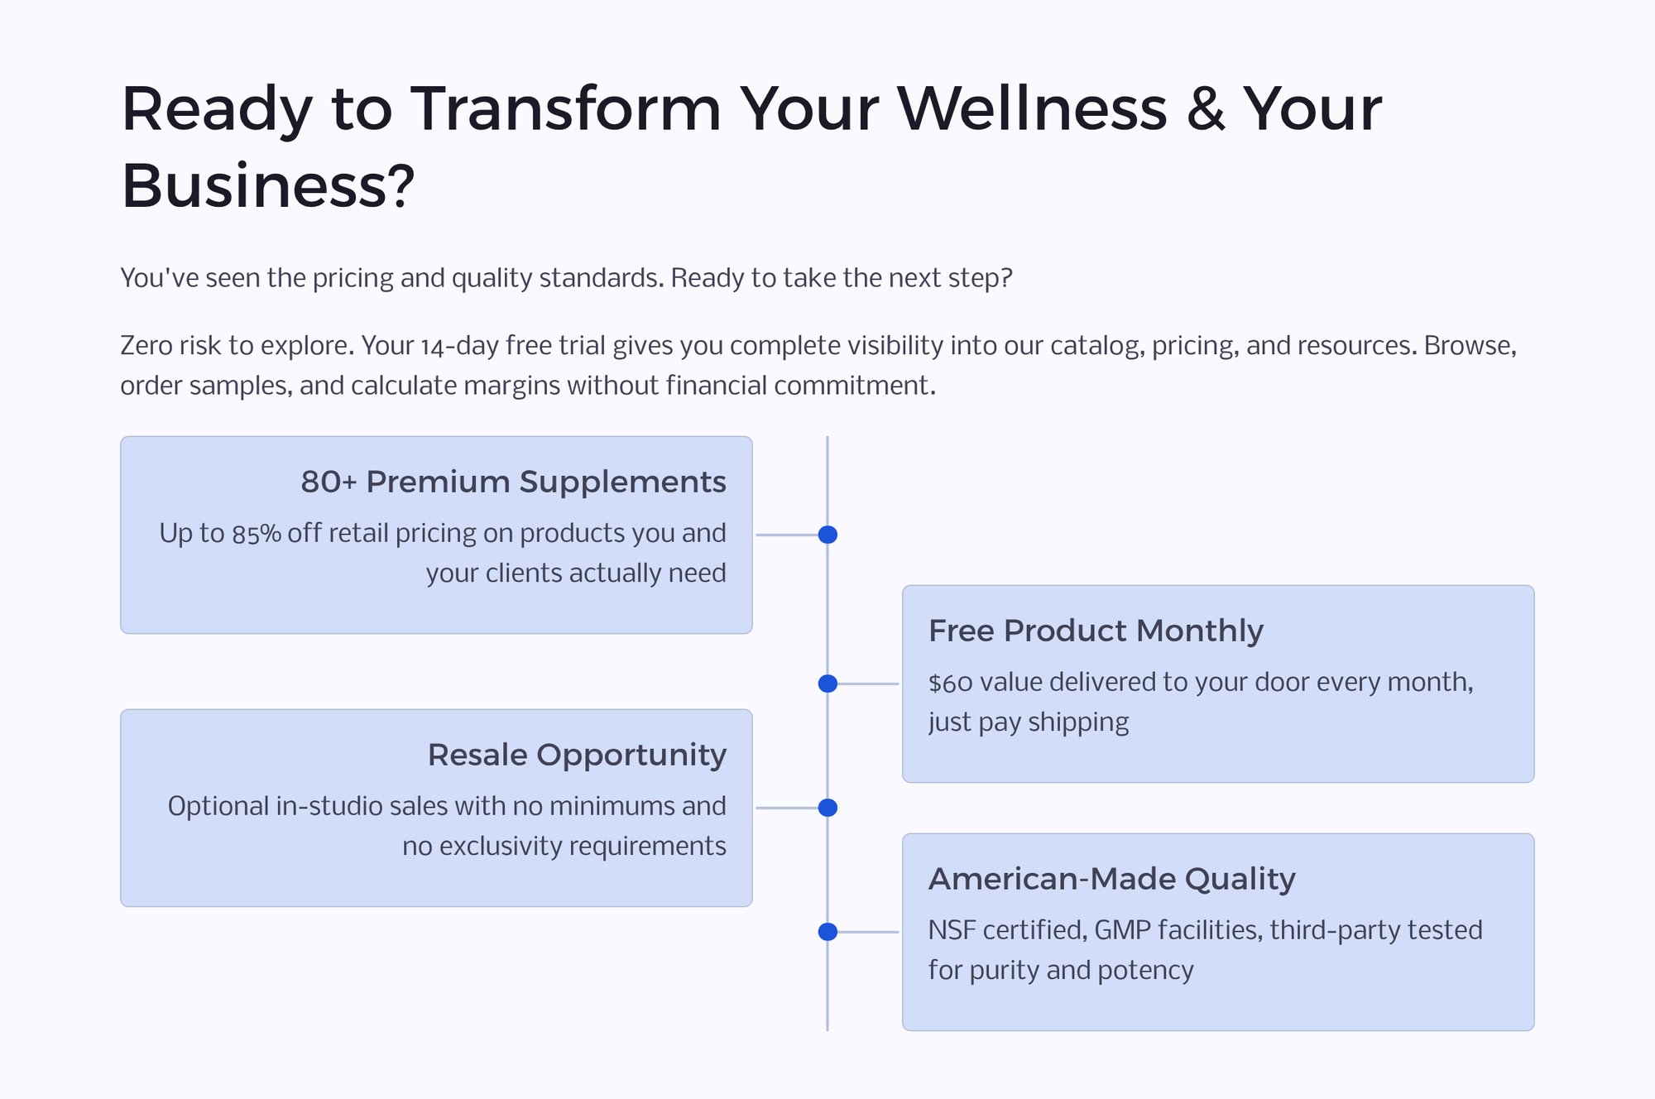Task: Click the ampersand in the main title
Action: [1205, 110]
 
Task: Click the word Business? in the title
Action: [267, 186]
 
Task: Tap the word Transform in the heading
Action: [566, 110]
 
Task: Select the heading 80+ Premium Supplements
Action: [513, 482]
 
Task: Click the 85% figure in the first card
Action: [257, 535]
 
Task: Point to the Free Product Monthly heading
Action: [1096, 631]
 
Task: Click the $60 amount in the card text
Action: [950, 684]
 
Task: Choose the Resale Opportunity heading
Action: [577, 755]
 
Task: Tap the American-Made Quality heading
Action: [1111, 879]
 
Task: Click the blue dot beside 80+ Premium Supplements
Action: [827, 535]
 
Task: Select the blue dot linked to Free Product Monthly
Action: [827, 684]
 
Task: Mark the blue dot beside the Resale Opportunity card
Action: [827, 808]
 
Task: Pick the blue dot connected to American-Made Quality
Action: [827, 932]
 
